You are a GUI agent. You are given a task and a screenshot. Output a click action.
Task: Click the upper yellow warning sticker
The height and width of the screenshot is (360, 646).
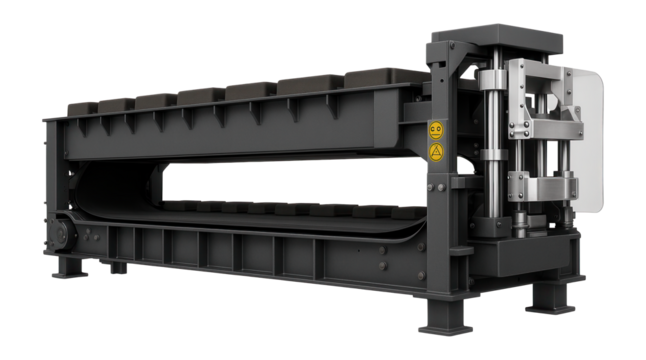click(435, 130)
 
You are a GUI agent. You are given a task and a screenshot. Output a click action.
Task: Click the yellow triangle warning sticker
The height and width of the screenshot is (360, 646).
click(435, 152)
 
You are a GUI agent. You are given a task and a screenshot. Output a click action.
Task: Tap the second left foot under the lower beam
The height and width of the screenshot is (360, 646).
click(118, 267)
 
